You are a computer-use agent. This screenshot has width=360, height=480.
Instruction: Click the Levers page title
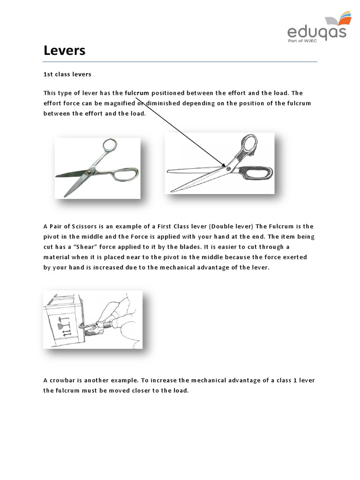click(65, 50)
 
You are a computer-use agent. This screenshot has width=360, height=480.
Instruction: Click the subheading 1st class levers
click(67, 75)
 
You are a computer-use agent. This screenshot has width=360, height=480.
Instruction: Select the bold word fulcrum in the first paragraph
click(136, 93)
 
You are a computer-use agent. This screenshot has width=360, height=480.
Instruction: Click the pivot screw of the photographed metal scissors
click(88, 173)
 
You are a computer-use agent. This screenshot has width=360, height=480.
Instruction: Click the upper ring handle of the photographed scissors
click(109, 146)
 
